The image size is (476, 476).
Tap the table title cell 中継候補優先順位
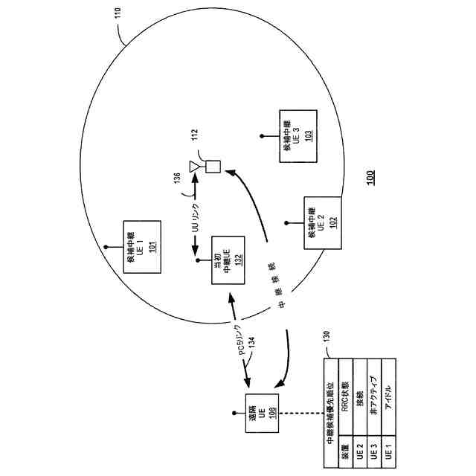pos(332,414)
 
